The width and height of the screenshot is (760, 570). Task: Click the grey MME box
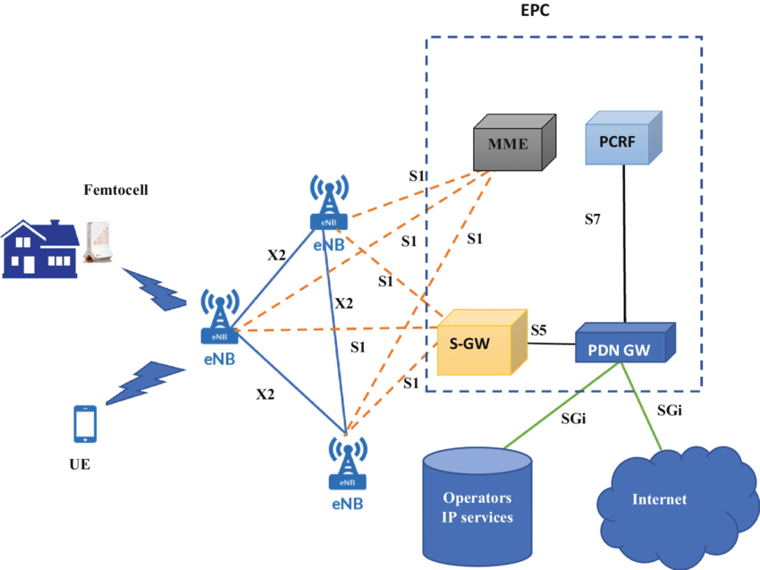coord(512,144)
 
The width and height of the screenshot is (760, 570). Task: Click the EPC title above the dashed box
coord(536,13)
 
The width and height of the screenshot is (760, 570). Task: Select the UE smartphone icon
coord(84,423)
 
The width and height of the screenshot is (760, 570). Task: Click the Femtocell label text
coord(115,191)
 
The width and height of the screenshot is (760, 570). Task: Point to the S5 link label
coord(538,330)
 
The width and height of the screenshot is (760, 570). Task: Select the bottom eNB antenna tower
coord(346,462)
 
